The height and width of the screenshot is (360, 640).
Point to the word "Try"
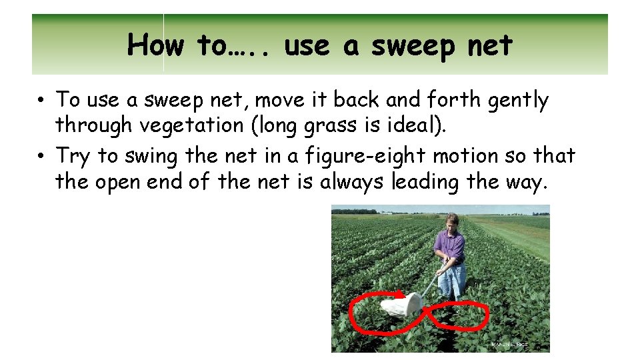[73, 157]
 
